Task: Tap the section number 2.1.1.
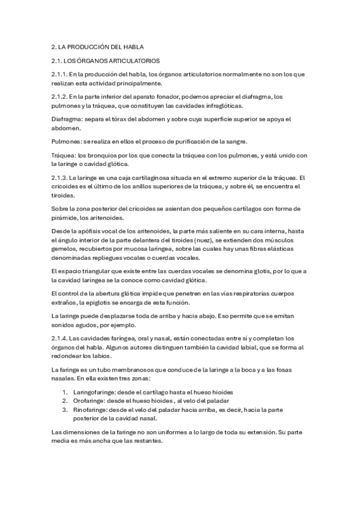pyautogui.click(x=59, y=74)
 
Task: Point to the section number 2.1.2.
pyautogui.click(x=59, y=96)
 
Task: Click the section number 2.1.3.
pyautogui.click(x=59, y=177)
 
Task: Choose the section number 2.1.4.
pyautogui.click(x=59, y=338)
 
